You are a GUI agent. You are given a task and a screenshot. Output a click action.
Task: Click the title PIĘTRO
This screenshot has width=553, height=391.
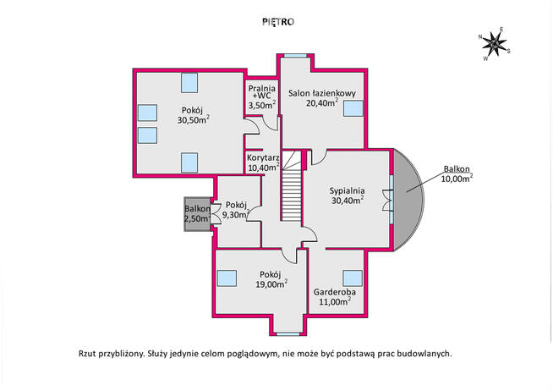(x=278, y=22)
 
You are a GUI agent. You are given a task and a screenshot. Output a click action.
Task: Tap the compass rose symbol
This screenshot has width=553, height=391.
(x=494, y=44)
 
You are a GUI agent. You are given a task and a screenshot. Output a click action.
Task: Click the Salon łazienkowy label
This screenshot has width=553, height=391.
(x=322, y=93)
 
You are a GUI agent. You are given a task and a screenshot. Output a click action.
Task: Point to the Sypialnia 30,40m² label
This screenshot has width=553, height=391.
(x=348, y=195)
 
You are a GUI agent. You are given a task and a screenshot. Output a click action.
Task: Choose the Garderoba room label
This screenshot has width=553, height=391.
(x=335, y=292)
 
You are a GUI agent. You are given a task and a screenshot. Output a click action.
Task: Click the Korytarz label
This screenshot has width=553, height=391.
(x=263, y=157)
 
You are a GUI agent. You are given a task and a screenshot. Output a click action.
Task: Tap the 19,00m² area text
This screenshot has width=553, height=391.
(x=271, y=284)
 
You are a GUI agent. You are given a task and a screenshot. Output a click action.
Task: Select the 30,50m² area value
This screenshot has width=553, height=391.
(x=194, y=119)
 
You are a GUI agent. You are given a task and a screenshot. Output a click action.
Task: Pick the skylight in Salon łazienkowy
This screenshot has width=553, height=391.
(x=353, y=108)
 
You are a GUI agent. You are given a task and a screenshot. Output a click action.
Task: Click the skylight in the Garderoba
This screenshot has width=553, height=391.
(x=353, y=278)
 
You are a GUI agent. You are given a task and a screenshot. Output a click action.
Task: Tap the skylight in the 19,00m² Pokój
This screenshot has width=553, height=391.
(x=227, y=278)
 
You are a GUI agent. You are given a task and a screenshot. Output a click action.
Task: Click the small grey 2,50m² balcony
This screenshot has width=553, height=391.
(x=196, y=214)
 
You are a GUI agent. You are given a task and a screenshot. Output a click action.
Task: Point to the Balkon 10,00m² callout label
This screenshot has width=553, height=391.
(x=457, y=173)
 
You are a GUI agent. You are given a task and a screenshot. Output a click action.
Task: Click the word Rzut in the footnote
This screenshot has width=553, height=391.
(x=86, y=354)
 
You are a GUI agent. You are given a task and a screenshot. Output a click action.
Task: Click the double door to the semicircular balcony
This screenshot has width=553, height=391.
(x=388, y=200)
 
